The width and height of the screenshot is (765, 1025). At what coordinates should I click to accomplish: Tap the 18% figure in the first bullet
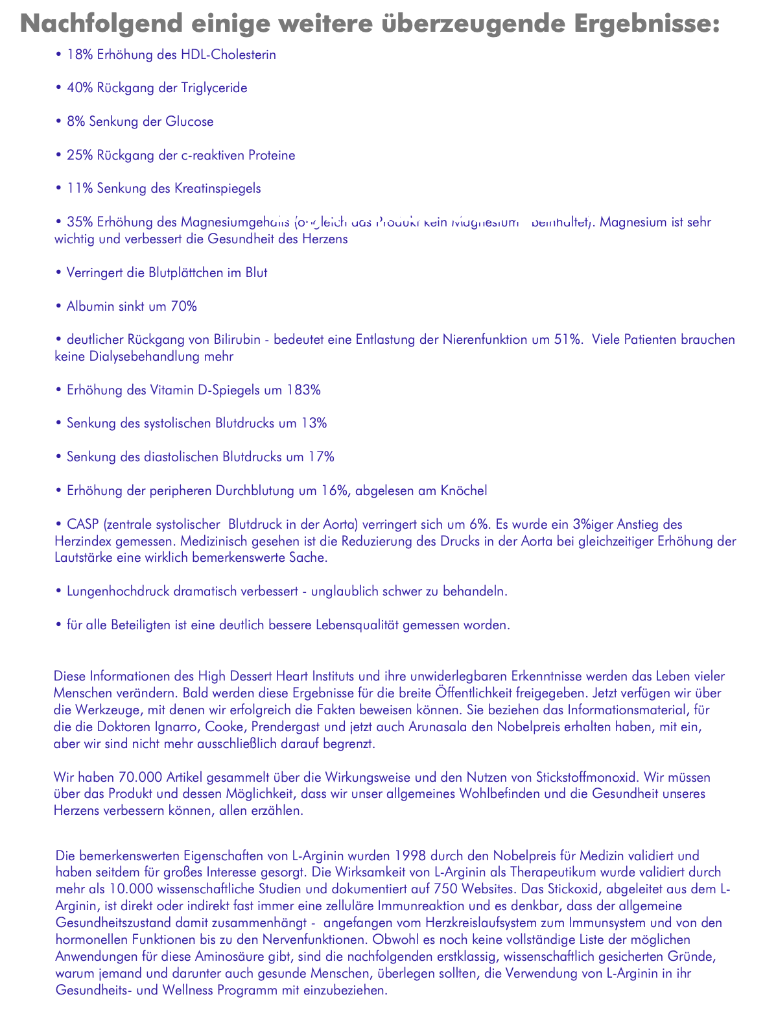(x=80, y=54)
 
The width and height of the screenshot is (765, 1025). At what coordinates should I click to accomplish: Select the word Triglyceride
(x=213, y=88)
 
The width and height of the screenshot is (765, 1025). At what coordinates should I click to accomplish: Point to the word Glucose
(x=191, y=121)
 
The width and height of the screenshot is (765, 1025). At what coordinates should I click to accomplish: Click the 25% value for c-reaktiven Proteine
(x=80, y=155)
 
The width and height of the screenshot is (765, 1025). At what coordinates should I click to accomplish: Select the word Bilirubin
(x=231, y=339)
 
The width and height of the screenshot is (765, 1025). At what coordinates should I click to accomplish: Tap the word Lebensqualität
(x=357, y=625)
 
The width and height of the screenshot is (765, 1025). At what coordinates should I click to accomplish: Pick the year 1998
(x=412, y=856)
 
